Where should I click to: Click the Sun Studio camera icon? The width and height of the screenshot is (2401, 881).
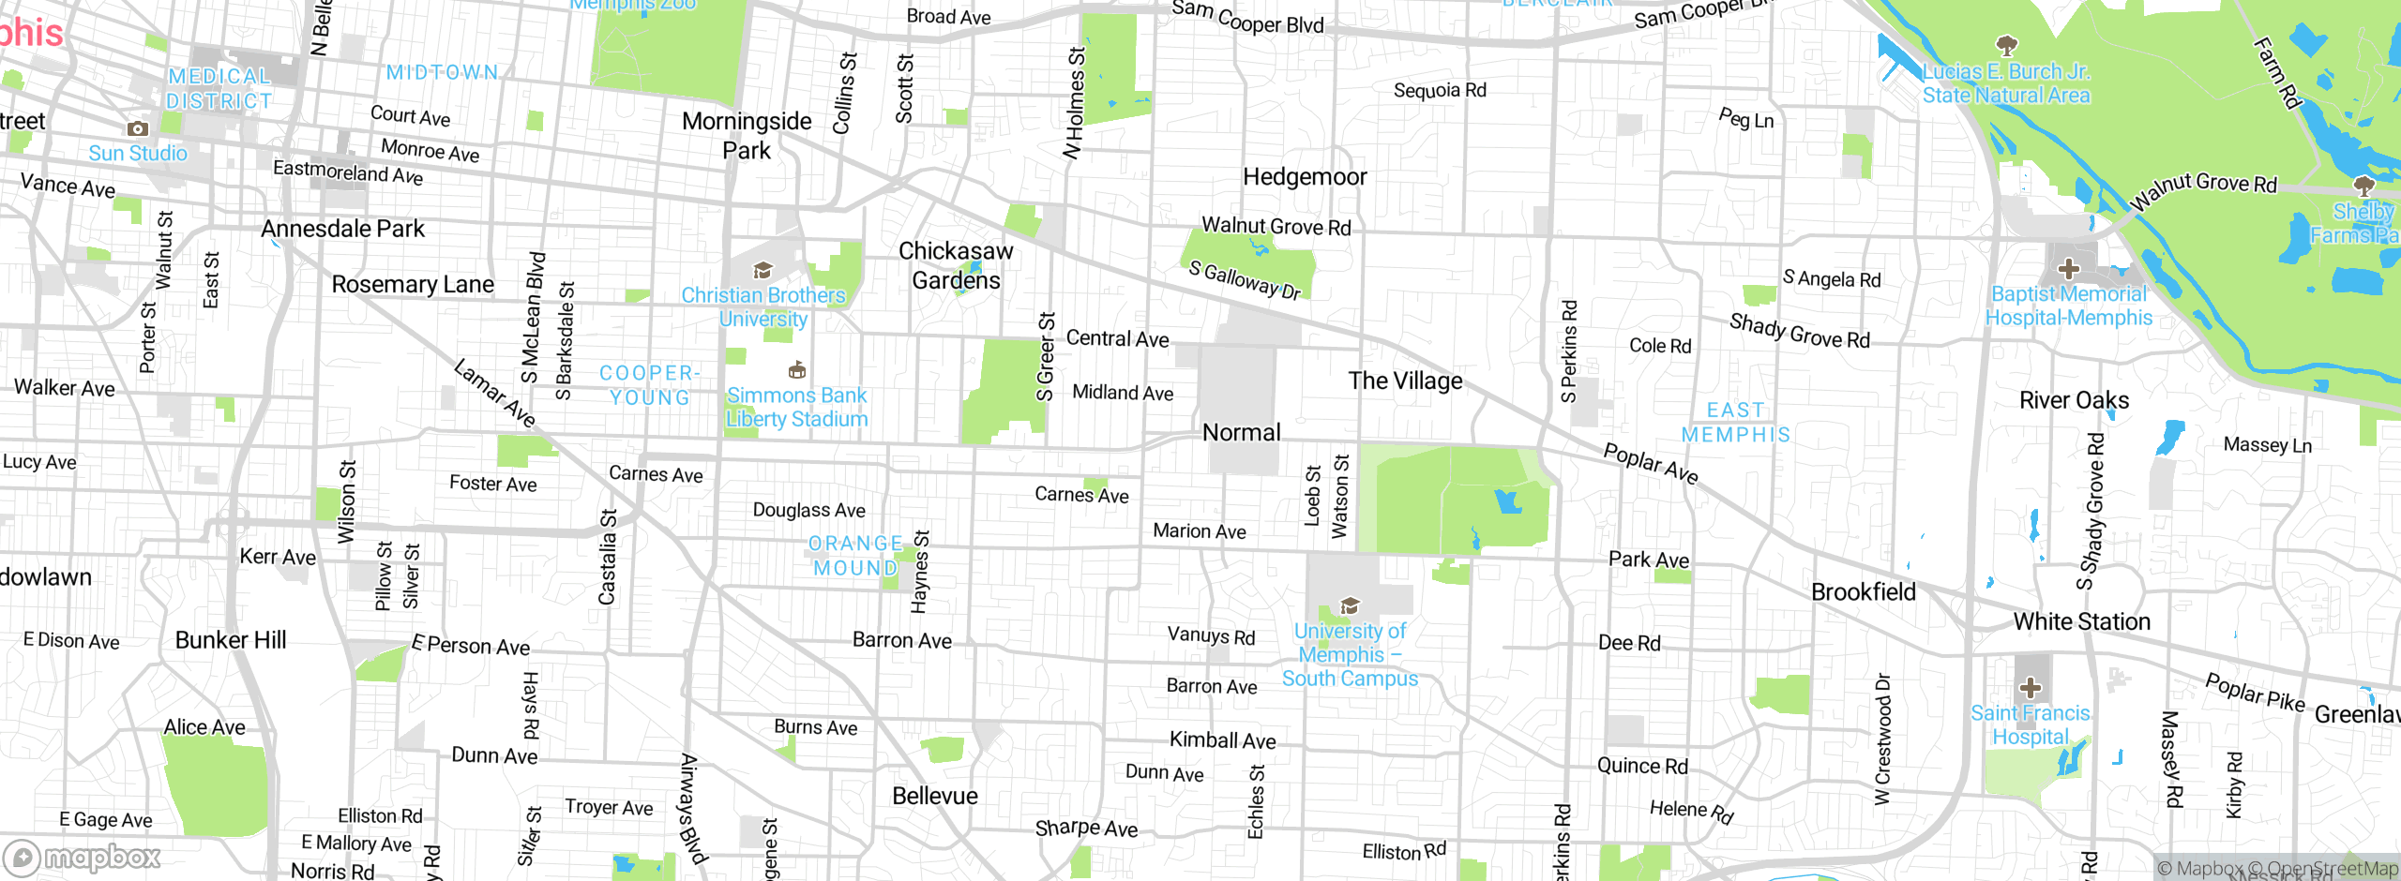(138, 128)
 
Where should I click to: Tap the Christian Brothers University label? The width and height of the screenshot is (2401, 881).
(763, 306)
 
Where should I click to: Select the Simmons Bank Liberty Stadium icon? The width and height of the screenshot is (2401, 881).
(797, 369)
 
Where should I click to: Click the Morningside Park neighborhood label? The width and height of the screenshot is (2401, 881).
(747, 135)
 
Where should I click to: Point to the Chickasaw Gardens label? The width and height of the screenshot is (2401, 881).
(956, 265)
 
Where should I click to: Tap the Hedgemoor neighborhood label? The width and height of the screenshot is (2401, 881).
(1305, 176)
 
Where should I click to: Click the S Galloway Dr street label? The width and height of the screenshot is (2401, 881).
(1245, 280)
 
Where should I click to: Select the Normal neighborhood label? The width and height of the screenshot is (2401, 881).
(1241, 432)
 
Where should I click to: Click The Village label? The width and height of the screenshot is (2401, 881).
(1405, 381)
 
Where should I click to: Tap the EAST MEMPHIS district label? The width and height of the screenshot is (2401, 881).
(1736, 422)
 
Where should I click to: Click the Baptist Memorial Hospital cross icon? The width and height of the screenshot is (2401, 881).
(2068, 269)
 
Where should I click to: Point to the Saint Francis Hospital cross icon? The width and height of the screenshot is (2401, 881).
(2030, 688)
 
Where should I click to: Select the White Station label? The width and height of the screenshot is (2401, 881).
(2081, 621)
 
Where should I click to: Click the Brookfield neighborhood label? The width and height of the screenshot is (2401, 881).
(1863, 591)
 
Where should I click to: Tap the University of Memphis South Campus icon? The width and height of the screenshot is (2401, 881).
(1350, 605)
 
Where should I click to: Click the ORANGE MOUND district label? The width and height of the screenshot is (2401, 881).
(855, 556)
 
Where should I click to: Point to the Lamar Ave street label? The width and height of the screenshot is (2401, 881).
(494, 393)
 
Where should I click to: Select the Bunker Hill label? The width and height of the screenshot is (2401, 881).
(231, 639)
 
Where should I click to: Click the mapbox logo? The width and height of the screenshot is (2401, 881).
(83, 858)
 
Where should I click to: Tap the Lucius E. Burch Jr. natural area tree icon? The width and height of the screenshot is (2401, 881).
(2006, 45)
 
